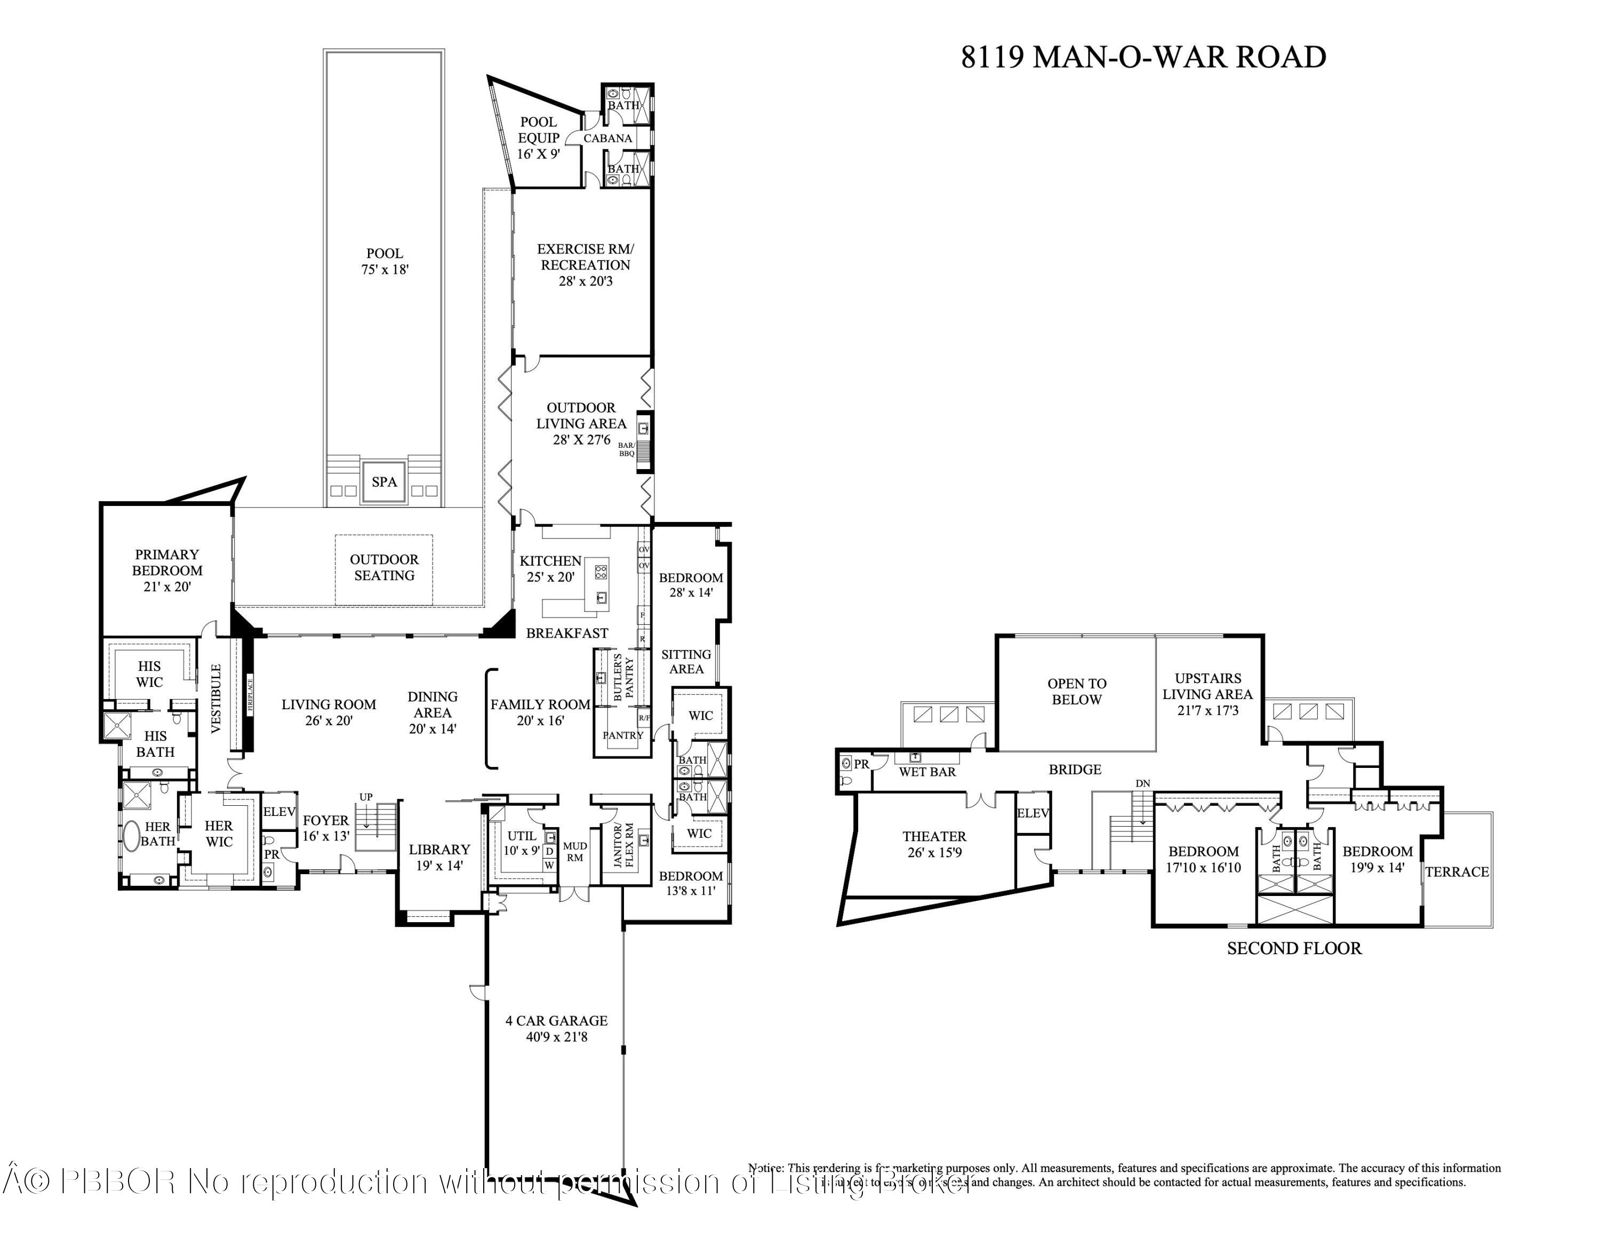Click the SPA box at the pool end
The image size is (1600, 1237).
pyautogui.click(x=384, y=481)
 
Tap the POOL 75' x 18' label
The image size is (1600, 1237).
pyautogui.click(x=384, y=261)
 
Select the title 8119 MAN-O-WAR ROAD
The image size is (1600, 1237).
pyautogui.click(x=1143, y=57)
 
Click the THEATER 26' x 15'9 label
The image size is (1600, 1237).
pyautogui.click(x=934, y=844)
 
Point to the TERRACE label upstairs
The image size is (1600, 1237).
pyautogui.click(x=1457, y=871)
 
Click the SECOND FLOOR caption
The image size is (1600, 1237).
pyautogui.click(x=1294, y=948)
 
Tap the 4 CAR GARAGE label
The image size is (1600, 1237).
pyautogui.click(x=556, y=1028)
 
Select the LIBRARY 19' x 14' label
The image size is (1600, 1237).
pyautogui.click(x=439, y=857)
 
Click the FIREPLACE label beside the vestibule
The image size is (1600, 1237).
pyautogui.click(x=250, y=695)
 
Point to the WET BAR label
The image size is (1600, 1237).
pyautogui.click(x=927, y=772)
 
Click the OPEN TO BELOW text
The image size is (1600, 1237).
pyautogui.click(x=1076, y=691)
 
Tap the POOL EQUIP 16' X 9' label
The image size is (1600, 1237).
pyautogui.click(x=539, y=138)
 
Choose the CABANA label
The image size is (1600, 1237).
pyautogui.click(x=607, y=138)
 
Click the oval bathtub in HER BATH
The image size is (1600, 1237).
pyautogui.click(x=131, y=835)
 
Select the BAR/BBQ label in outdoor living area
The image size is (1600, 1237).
pyautogui.click(x=626, y=449)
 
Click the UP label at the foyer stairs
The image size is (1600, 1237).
pyautogui.click(x=365, y=797)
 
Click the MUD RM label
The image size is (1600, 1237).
pyautogui.click(x=574, y=852)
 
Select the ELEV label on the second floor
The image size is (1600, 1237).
pyautogui.click(x=1033, y=813)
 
